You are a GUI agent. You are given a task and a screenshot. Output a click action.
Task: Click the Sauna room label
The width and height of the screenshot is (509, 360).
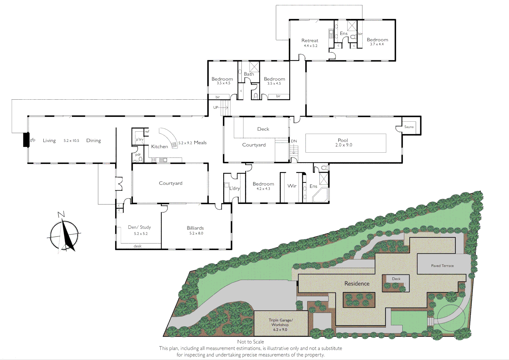click(409, 127)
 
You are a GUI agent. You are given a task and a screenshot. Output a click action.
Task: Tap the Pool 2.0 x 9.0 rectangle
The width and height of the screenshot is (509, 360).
click(346, 143)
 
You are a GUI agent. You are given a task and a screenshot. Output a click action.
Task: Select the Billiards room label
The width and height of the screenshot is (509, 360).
click(195, 228)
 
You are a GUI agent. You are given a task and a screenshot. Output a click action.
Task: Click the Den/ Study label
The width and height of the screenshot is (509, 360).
click(139, 227)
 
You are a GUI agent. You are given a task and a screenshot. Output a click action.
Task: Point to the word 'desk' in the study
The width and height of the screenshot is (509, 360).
click(137, 246)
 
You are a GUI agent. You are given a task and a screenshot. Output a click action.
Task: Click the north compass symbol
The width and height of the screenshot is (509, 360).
click(65, 233)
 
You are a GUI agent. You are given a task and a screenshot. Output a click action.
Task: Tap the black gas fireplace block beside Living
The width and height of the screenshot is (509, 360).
click(26, 140)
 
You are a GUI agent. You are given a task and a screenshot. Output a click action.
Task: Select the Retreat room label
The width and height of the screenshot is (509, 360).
click(310, 41)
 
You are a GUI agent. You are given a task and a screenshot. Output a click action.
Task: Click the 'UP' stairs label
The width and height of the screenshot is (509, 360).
click(216, 107)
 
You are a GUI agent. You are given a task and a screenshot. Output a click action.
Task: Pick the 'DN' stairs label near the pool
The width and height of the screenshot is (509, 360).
click(294, 141)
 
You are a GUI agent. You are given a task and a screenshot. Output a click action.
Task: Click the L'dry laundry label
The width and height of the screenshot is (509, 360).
click(234, 188)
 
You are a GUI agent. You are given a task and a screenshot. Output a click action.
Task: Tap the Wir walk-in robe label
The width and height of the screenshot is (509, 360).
click(292, 186)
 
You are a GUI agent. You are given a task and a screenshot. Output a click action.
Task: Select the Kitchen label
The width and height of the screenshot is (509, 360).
click(159, 147)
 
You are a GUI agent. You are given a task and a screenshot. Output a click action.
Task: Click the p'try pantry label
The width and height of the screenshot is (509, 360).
click(139, 139)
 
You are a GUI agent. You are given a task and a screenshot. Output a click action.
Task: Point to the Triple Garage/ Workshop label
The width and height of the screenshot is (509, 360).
click(281, 322)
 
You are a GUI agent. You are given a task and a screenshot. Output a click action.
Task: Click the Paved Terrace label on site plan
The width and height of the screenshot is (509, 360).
click(442, 266)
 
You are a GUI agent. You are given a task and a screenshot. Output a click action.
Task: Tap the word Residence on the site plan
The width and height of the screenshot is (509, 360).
click(357, 284)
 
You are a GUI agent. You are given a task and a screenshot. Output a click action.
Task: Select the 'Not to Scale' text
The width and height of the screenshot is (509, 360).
click(250, 342)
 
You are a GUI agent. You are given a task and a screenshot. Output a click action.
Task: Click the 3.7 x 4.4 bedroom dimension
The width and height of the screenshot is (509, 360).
click(377, 44)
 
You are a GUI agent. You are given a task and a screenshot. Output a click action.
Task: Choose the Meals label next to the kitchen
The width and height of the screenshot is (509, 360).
click(200, 143)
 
